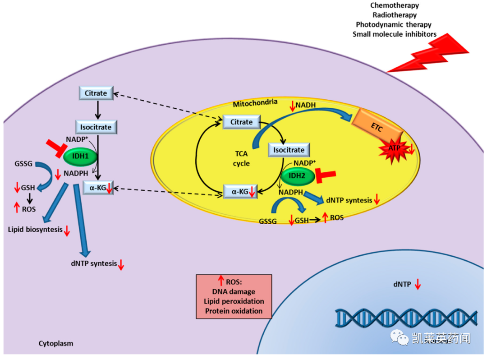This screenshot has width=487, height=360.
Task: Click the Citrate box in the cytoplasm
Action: coord(96,93)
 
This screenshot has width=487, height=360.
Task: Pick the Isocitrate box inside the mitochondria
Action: coord(289,150)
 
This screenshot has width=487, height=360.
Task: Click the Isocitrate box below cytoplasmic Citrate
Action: coord(96,127)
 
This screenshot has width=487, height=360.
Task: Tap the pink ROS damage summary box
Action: coord(234,296)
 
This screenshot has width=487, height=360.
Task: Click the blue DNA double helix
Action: coord(406,318)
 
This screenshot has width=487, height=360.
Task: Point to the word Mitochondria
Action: coord(255,104)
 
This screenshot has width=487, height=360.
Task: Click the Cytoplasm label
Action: coord(55,343)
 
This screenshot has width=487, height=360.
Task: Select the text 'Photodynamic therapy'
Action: coord(393,25)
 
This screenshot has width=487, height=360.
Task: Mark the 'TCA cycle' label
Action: coord(241,158)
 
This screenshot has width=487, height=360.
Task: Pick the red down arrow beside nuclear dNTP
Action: coord(418,285)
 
